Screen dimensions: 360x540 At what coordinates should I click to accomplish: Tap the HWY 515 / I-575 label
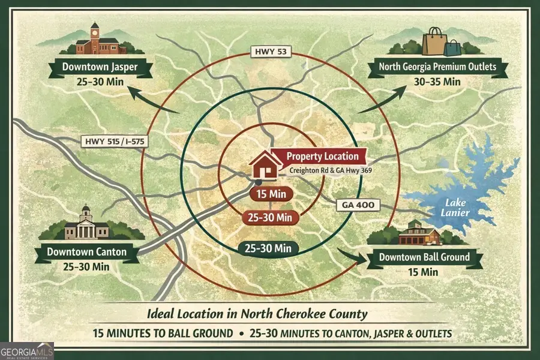click(x=113, y=142)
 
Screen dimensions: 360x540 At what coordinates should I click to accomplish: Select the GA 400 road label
click(x=358, y=205)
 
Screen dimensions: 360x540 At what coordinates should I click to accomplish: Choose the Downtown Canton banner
click(x=87, y=251)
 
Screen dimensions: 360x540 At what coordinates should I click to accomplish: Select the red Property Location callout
click(x=322, y=157)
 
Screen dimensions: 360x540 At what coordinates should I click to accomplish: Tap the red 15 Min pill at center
click(x=271, y=194)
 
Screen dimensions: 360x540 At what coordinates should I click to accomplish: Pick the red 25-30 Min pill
click(x=270, y=217)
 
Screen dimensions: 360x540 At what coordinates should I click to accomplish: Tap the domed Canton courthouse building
click(x=86, y=224)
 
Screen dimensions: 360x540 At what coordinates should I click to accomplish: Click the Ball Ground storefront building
click(x=419, y=233)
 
